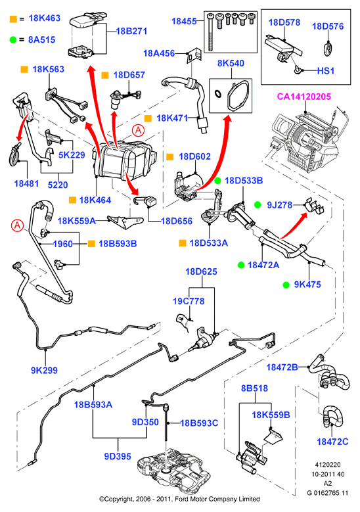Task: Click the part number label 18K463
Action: [x=45, y=18]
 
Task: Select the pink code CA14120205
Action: [x=304, y=97]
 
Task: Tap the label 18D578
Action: [x=284, y=22]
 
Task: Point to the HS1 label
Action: [x=326, y=70]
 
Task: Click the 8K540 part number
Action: [x=231, y=63]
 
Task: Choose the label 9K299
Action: [x=44, y=370]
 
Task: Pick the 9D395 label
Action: [x=118, y=456]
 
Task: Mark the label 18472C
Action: [x=332, y=442]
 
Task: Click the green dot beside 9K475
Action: [x=286, y=285]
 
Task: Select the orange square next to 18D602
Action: [x=169, y=156]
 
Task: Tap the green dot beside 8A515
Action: [x=12, y=40]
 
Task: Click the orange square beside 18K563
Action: [x=24, y=69]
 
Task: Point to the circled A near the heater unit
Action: [x=138, y=131]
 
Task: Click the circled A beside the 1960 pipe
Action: [x=17, y=225]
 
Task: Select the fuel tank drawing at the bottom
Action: [x=173, y=469]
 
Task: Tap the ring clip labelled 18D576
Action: [x=328, y=49]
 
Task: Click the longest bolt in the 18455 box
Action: [x=210, y=32]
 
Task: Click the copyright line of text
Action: [x=179, y=499]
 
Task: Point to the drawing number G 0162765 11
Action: [x=327, y=493]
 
